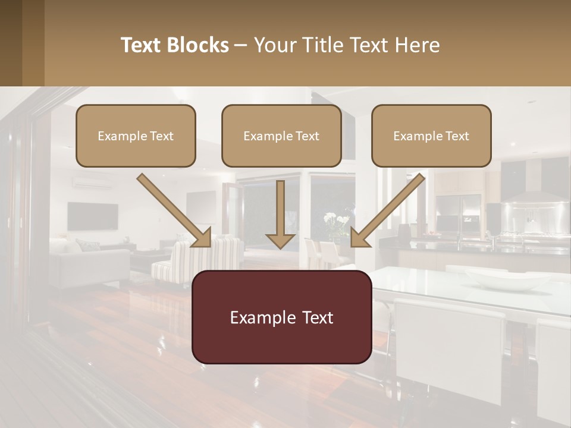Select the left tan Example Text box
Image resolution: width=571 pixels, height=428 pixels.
pyautogui.click(x=136, y=136)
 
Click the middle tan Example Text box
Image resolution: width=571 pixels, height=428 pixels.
pyautogui.click(x=281, y=136)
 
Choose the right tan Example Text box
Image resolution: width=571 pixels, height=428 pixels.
pyautogui.click(x=431, y=136)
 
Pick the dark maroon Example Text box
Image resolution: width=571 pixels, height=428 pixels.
pyautogui.click(x=281, y=317)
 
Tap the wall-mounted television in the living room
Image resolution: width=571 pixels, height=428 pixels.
pyautogui.click(x=92, y=216)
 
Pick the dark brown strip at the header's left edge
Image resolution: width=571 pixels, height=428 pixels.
pyautogui.click(x=11, y=43)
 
